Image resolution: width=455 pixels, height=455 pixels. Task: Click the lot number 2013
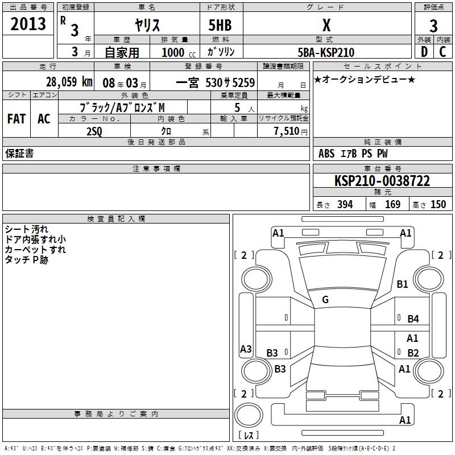click(x=28, y=24)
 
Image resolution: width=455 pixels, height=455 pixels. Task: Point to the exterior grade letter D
click(x=424, y=52)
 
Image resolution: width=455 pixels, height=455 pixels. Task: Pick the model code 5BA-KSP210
click(x=325, y=52)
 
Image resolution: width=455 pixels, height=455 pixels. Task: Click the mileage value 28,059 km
click(x=69, y=81)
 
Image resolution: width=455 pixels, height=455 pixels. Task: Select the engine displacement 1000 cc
click(x=175, y=52)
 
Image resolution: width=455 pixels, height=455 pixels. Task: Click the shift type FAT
click(x=16, y=118)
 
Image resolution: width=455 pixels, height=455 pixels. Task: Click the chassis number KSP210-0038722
click(x=382, y=181)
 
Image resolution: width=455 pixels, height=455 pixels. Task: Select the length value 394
click(x=345, y=204)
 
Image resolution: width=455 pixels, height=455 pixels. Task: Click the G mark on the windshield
click(x=325, y=300)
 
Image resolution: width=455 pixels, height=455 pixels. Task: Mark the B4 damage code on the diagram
click(x=413, y=319)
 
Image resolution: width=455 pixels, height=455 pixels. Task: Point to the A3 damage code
click(x=246, y=349)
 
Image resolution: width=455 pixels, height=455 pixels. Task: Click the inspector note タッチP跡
click(x=27, y=259)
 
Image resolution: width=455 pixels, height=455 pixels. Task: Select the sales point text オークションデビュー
click(x=365, y=79)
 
